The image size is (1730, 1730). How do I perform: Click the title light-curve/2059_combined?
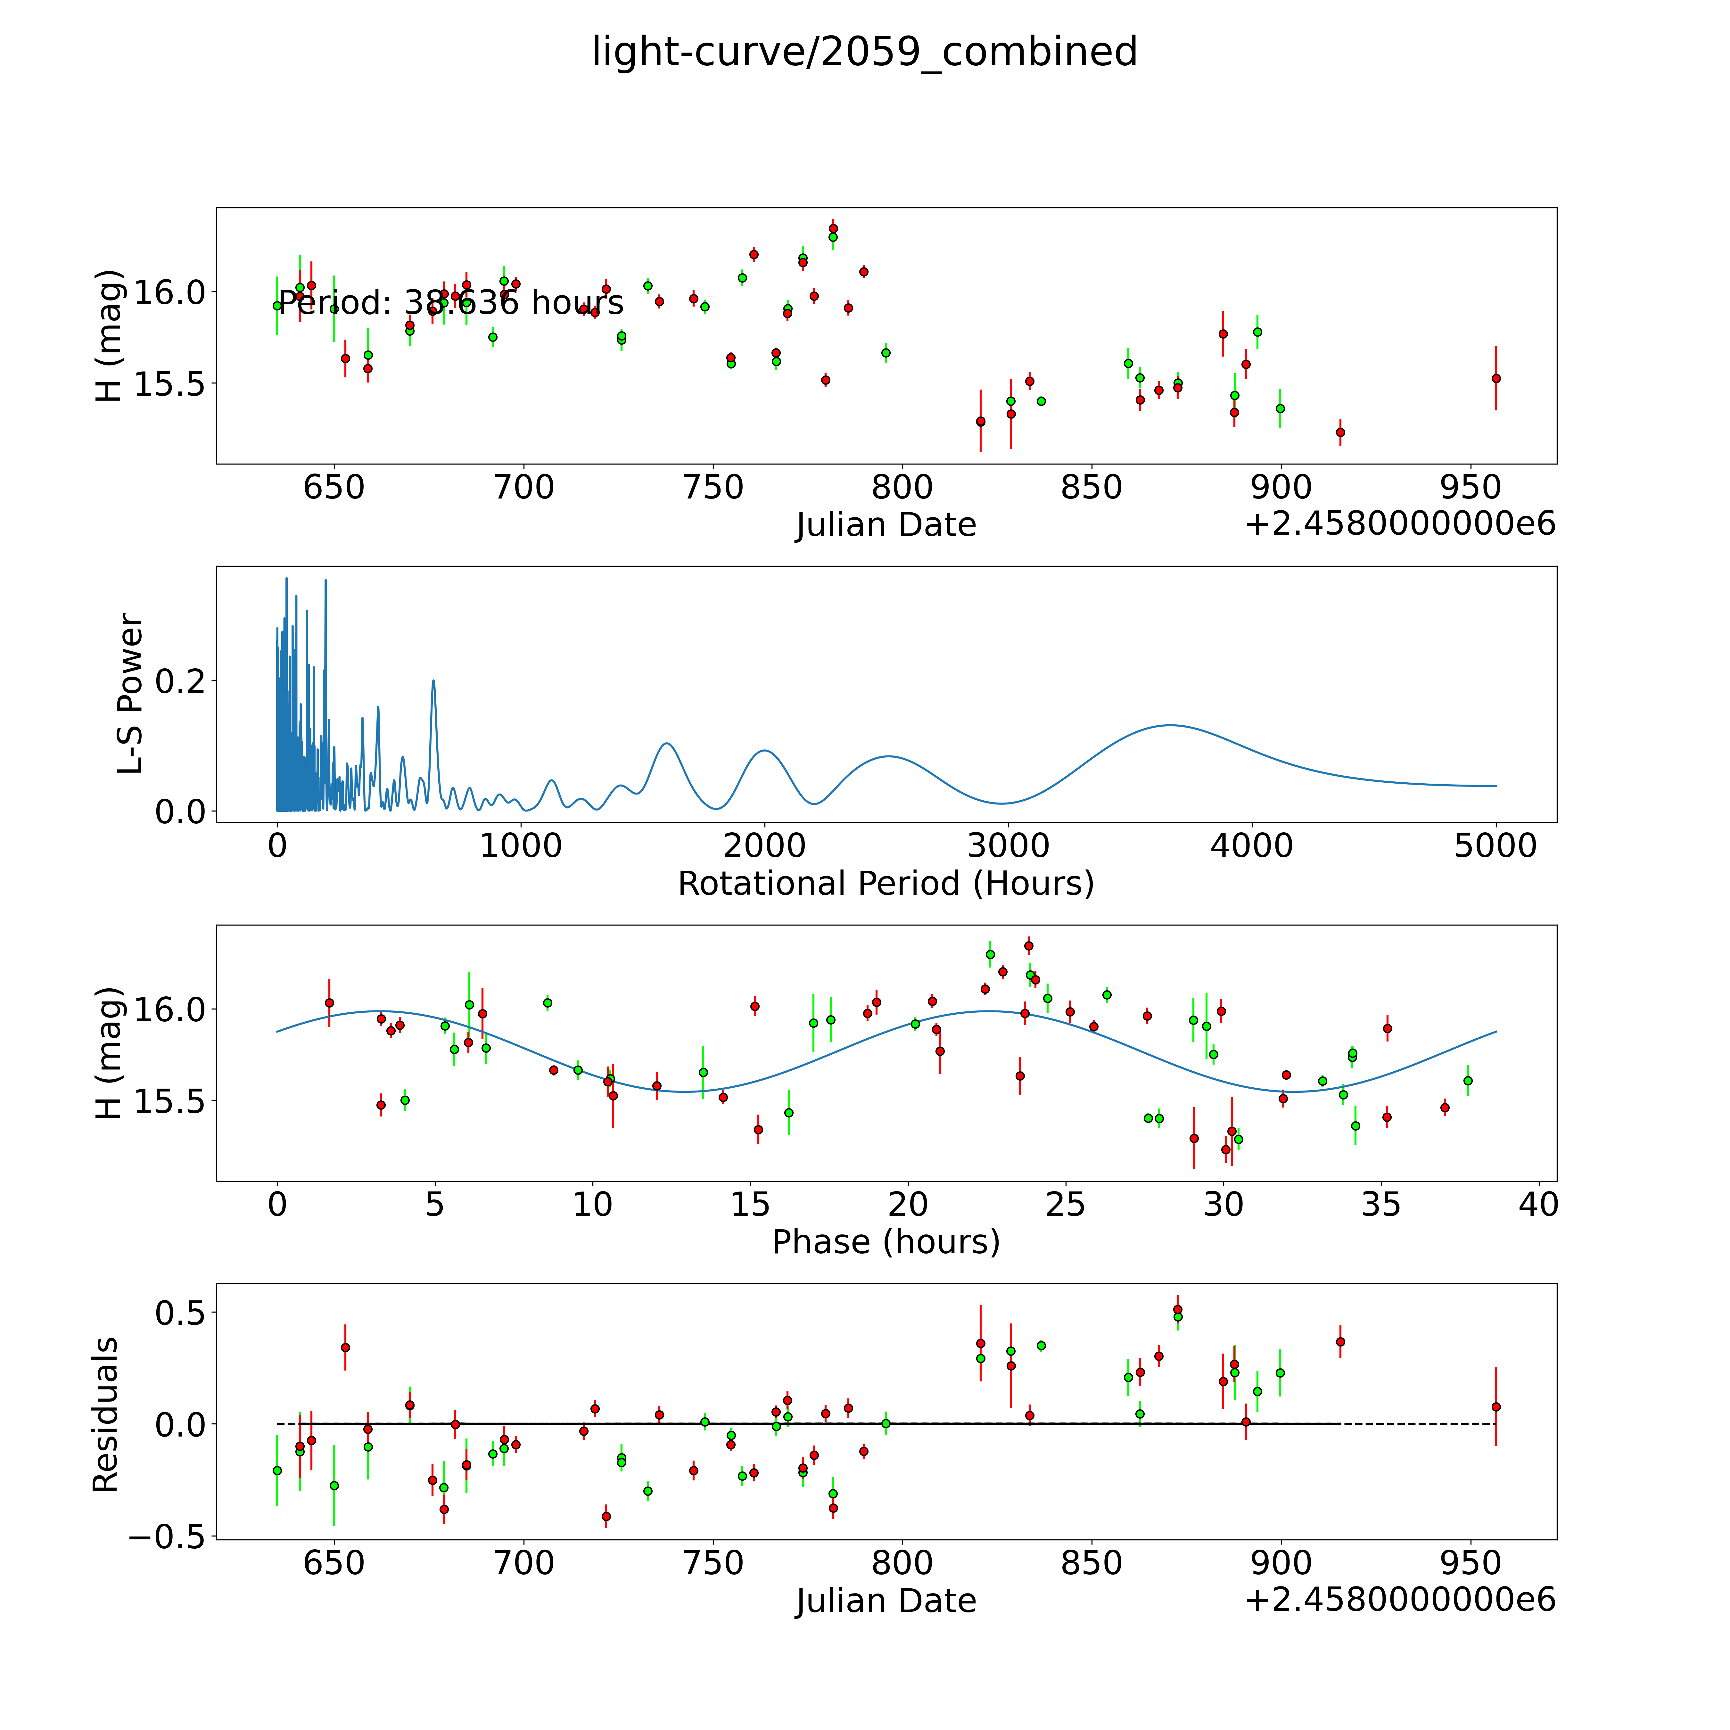(x=864, y=52)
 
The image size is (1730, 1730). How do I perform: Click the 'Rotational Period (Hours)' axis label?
(x=886, y=884)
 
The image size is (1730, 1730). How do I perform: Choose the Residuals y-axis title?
(x=106, y=1415)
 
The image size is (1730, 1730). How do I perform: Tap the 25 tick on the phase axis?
(x=1066, y=1204)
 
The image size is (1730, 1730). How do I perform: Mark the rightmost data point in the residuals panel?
(x=1495, y=1407)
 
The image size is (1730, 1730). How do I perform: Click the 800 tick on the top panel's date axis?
(x=902, y=488)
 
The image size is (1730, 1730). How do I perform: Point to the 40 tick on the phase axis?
(x=1538, y=1204)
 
